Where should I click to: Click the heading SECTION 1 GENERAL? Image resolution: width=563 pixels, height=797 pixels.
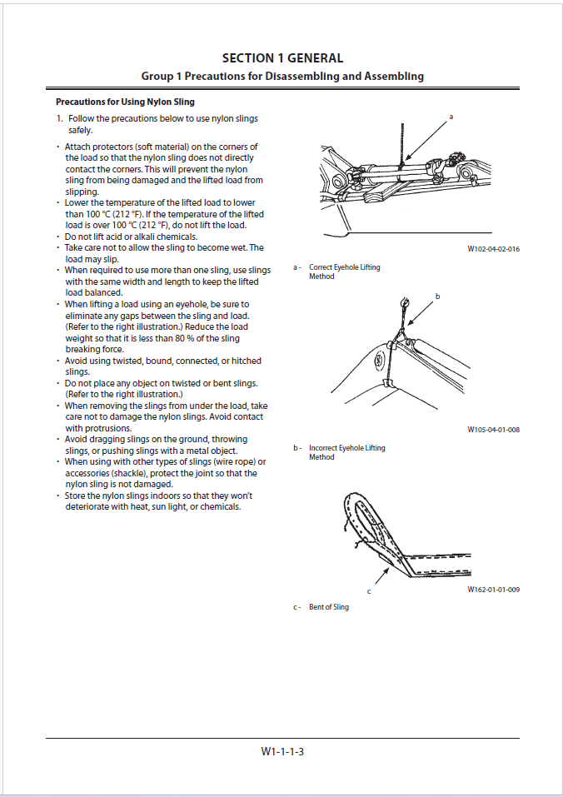(282, 58)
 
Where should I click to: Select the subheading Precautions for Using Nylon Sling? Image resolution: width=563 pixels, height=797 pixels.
(125, 102)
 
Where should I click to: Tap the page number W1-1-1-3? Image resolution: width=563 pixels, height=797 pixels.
(282, 751)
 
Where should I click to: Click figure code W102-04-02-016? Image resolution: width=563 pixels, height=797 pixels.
(493, 249)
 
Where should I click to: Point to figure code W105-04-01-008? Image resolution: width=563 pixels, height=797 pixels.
(493, 430)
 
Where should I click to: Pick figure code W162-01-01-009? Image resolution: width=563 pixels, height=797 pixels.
(493, 590)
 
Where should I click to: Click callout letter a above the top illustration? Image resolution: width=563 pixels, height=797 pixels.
(451, 117)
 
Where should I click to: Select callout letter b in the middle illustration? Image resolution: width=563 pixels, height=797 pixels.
(437, 296)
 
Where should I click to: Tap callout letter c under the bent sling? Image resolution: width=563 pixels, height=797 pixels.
(369, 591)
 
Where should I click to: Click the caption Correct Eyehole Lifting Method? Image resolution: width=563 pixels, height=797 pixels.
(344, 271)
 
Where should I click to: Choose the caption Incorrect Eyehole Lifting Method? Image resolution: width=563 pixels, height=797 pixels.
(346, 452)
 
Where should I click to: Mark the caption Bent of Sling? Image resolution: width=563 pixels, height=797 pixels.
(329, 607)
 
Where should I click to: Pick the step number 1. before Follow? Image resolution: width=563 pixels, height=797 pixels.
(60, 119)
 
